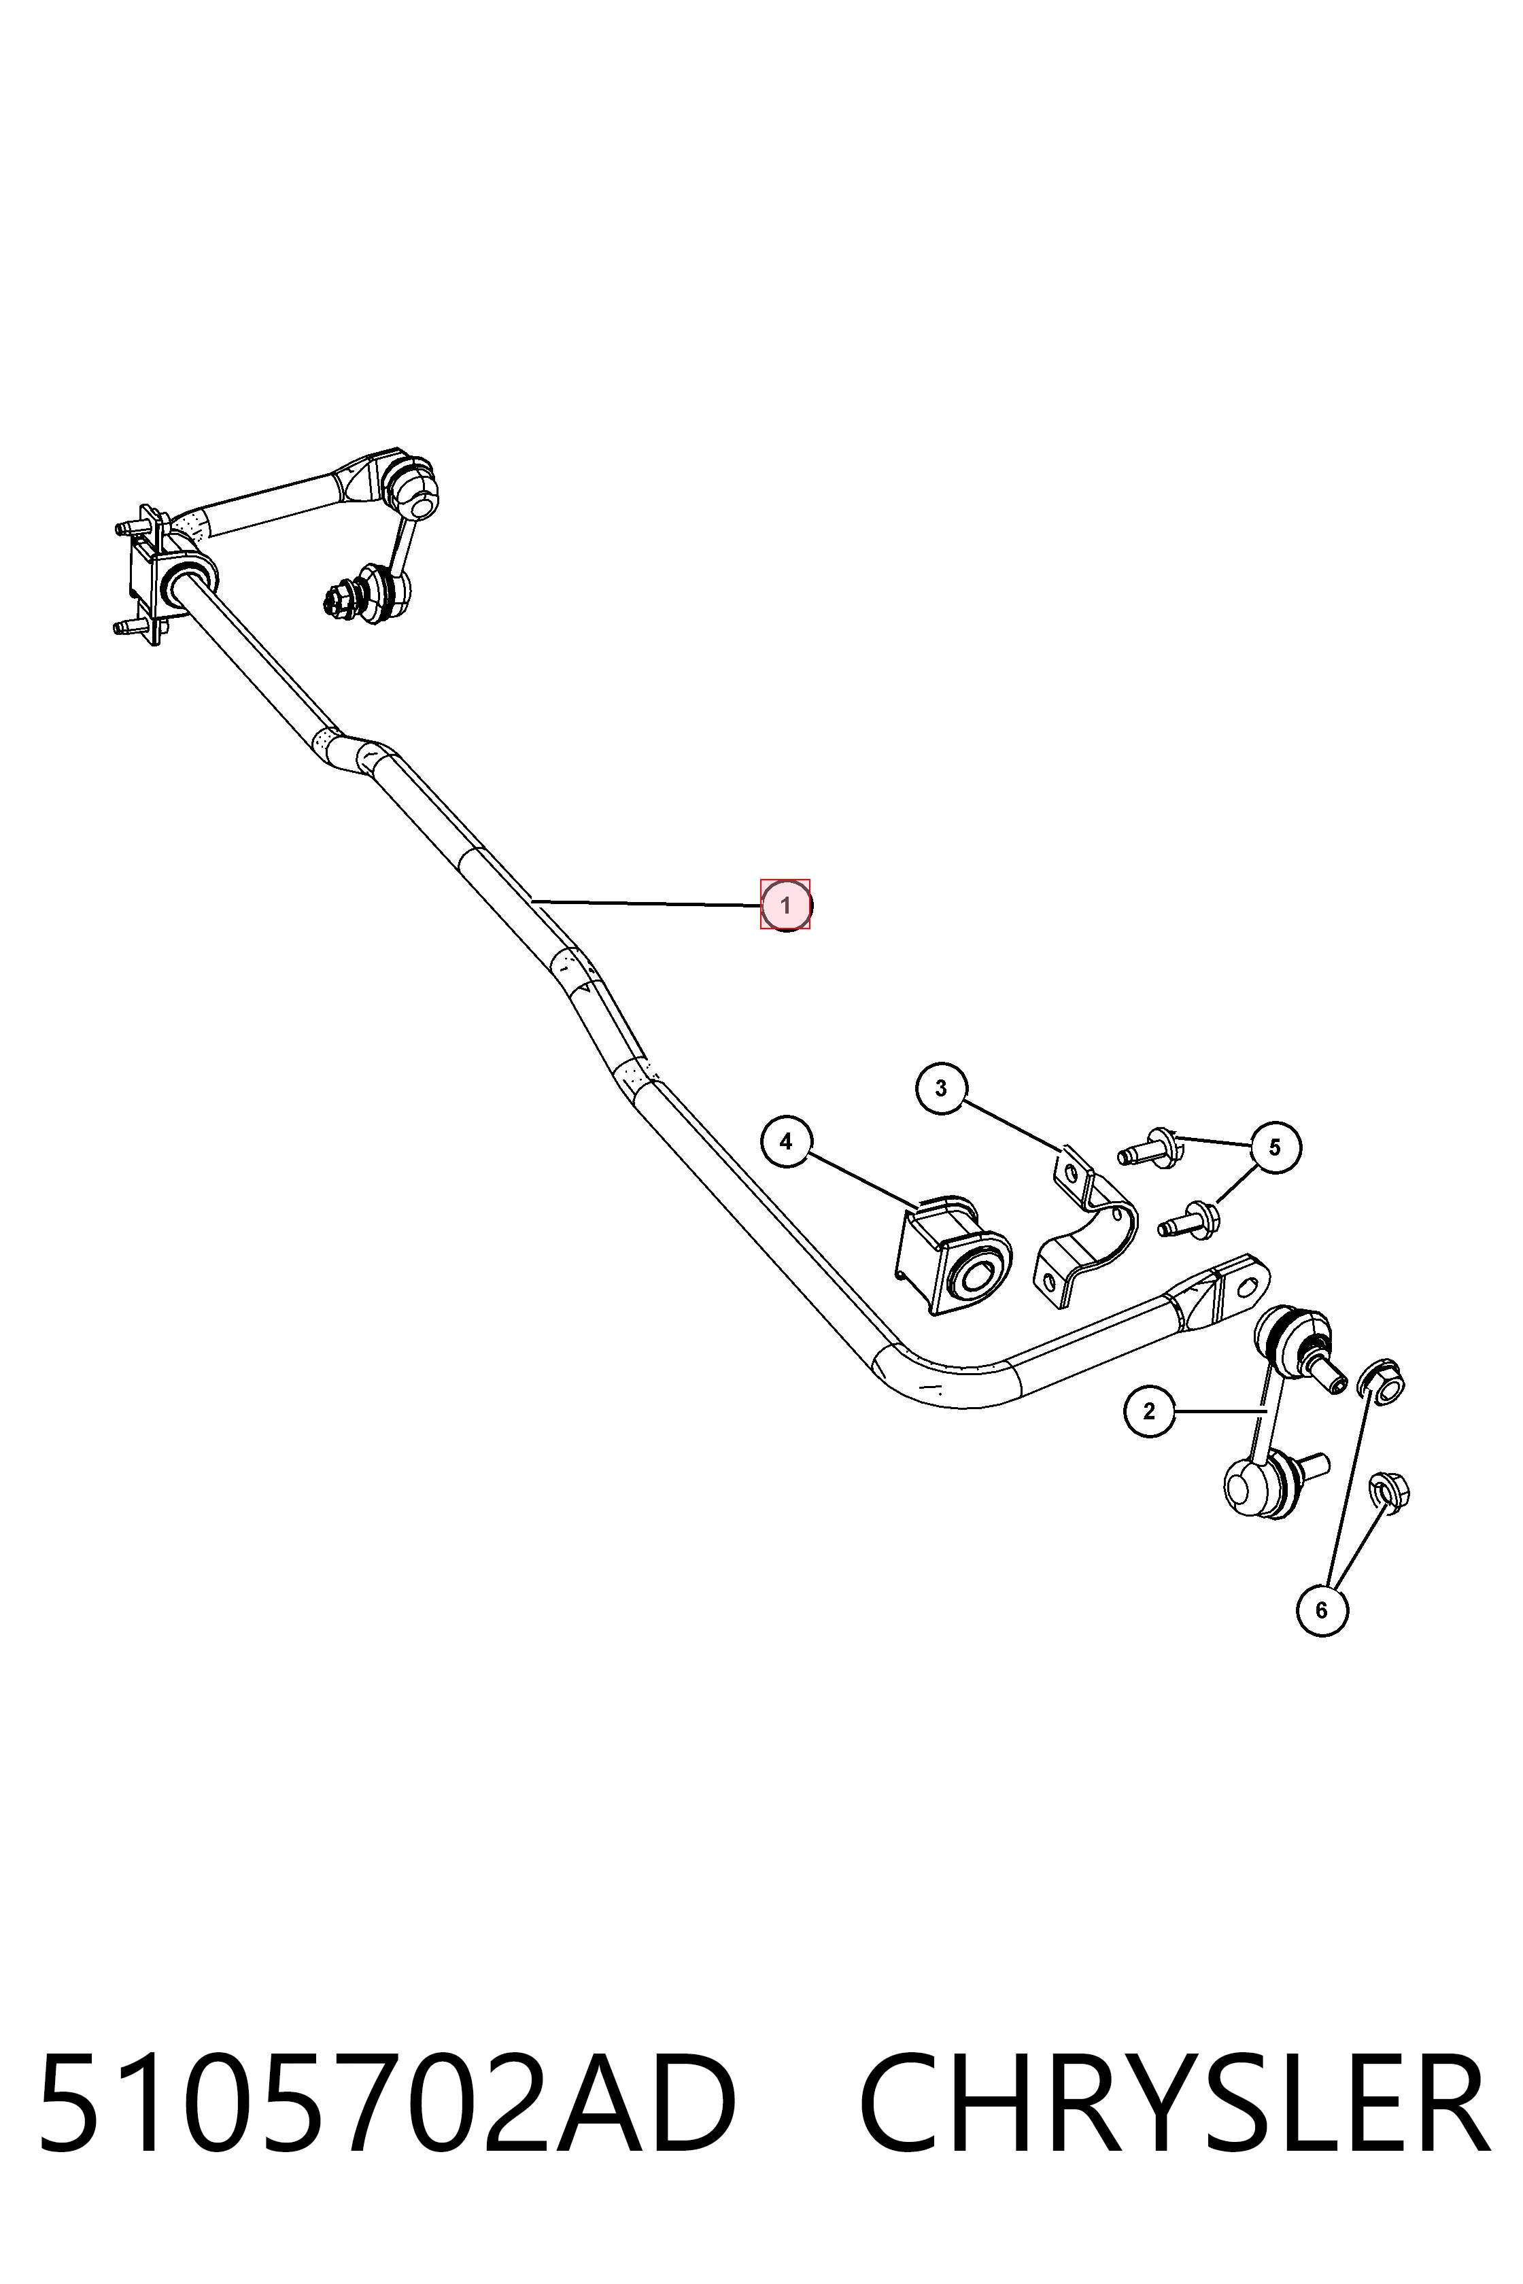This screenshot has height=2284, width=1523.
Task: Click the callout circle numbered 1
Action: [785, 905]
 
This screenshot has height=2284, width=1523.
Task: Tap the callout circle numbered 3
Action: [940, 1088]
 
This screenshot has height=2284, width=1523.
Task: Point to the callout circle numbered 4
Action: [786, 1142]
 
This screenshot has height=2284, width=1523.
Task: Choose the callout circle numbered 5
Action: [1274, 1148]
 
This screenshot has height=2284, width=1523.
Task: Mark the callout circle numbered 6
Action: [1321, 1610]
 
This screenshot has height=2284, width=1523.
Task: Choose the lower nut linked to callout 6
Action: [1389, 1491]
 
